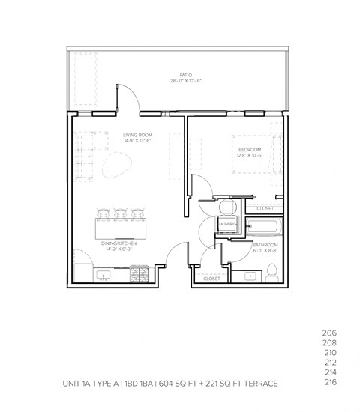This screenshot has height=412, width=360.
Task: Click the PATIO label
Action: tap(186, 75)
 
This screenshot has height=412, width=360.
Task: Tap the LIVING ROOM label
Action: tap(137, 135)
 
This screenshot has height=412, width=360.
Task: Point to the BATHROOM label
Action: tap(265, 245)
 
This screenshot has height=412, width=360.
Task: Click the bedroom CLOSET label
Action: tap(265, 208)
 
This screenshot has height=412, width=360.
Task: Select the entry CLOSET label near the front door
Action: tap(211, 279)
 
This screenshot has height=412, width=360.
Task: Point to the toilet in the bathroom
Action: tap(274, 272)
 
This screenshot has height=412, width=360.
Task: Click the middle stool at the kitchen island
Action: tap(120, 213)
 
